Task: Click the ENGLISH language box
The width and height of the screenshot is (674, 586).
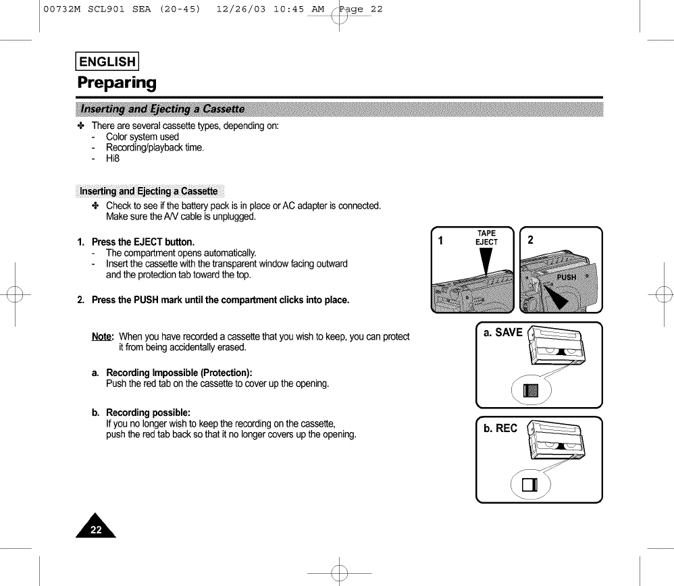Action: (x=107, y=62)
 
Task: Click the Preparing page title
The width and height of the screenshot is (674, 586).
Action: (x=117, y=83)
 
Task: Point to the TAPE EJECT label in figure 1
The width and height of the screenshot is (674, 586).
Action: (x=486, y=238)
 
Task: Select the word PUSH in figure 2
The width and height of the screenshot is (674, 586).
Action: (x=567, y=277)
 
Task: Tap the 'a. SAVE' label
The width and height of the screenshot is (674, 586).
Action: (x=503, y=333)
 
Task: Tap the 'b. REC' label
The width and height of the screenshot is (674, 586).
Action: (x=500, y=428)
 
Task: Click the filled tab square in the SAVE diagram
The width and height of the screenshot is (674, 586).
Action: (x=532, y=390)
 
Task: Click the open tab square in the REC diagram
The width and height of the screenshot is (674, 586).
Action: (x=531, y=485)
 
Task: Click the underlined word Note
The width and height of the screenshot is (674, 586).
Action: (x=103, y=337)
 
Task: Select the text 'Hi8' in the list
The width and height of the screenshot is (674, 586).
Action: (x=113, y=159)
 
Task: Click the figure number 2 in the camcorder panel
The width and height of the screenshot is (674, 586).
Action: (x=531, y=240)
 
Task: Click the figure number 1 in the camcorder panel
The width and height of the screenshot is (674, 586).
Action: (x=441, y=240)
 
